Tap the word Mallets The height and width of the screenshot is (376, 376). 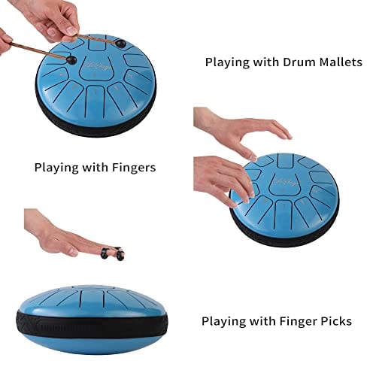tap(341, 62)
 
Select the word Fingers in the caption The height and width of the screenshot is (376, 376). tap(134, 168)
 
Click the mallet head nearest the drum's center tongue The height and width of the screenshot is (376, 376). tap(71, 60)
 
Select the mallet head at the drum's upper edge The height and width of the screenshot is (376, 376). tap(120, 43)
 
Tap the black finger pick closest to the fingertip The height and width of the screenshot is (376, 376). tap(119, 253)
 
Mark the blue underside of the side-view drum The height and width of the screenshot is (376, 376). tap(92, 346)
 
